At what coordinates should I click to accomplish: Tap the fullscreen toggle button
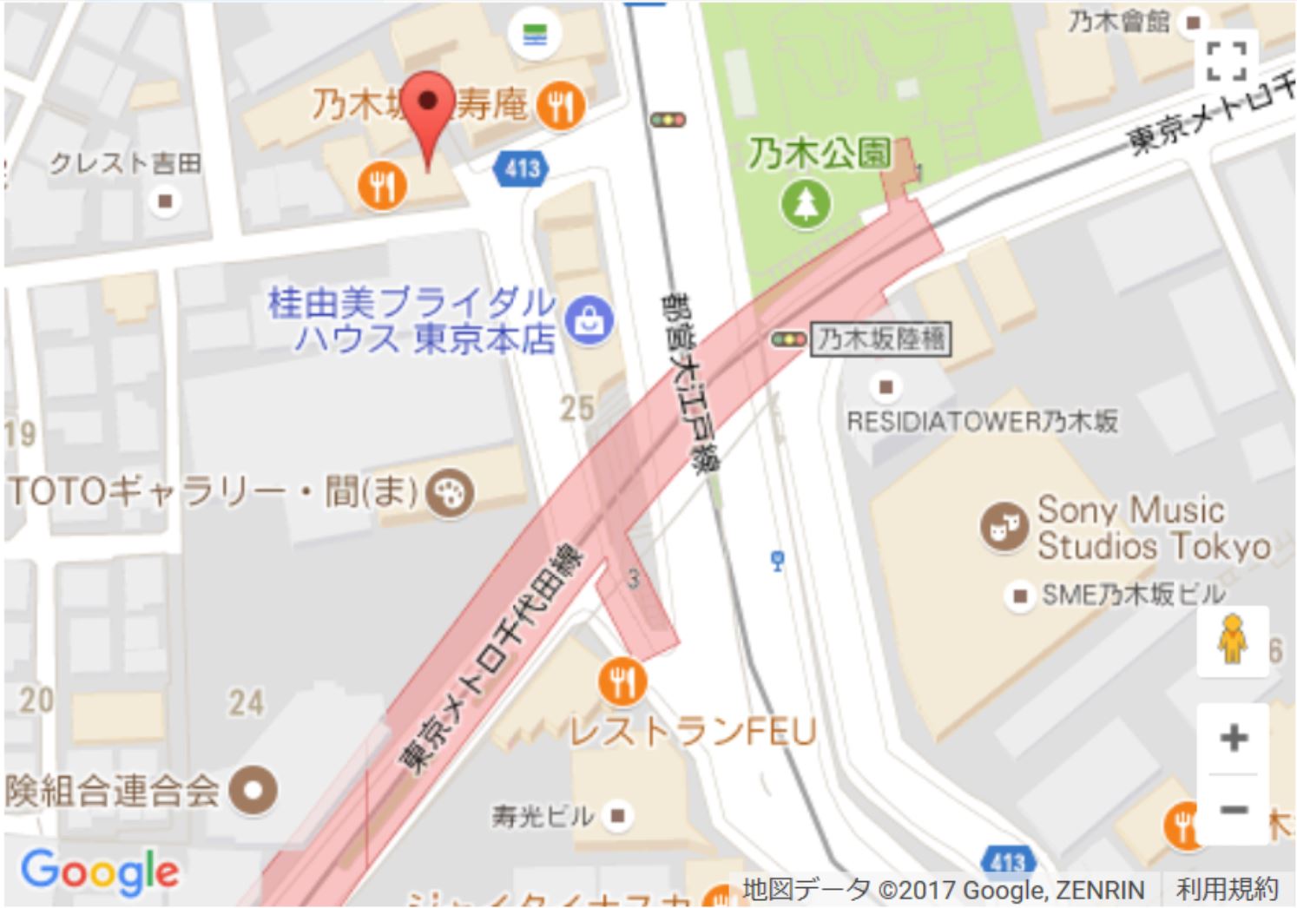click(1226, 61)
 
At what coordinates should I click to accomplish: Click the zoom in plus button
click(1233, 738)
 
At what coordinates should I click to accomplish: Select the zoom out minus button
click(1233, 810)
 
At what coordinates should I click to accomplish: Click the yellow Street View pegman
click(1232, 640)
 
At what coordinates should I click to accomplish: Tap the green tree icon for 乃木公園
click(806, 204)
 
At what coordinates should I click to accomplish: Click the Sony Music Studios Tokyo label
click(1154, 528)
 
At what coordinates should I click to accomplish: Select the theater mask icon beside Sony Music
click(1004, 527)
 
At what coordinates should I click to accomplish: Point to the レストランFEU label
click(693, 732)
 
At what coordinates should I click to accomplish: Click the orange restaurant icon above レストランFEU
click(622, 681)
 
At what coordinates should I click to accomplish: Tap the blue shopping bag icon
click(589, 320)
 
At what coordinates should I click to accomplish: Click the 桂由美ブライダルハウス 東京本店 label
click(412, 320)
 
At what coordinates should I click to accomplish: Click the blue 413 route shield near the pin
click(523, 168)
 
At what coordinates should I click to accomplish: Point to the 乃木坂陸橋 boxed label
click(880, 339)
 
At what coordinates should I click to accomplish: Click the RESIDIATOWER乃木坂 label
click(982, 422)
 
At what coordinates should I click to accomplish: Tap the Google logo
click(100, 871)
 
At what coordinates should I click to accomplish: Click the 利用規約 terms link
click(1227, 889)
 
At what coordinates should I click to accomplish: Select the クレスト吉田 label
click(125, 163)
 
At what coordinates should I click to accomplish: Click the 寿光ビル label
click(543, 816)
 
